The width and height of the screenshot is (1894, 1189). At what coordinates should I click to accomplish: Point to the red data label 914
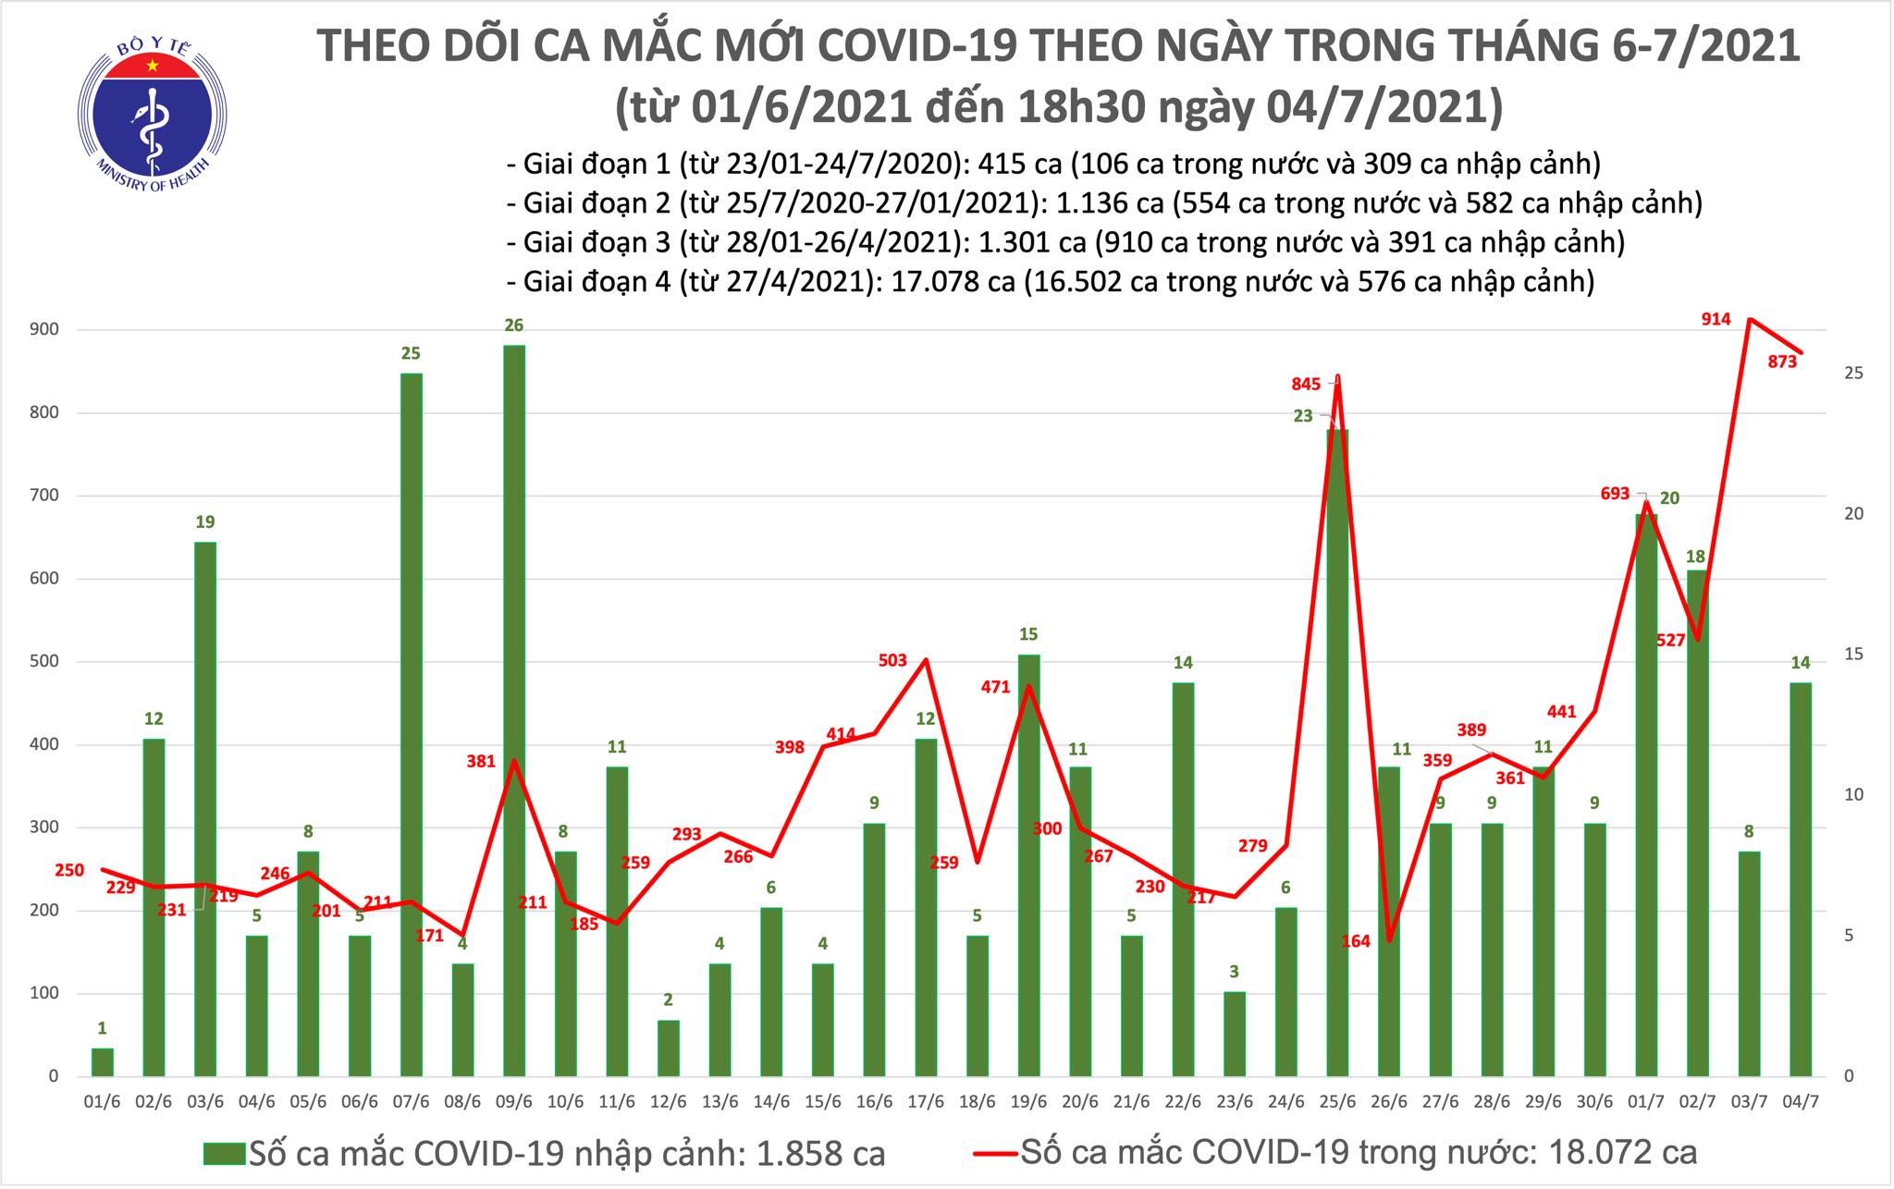[1716, 319]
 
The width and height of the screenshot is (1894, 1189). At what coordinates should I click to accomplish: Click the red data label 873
[1782, 362]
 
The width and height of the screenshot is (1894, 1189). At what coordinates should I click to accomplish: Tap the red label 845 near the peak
[1306, 384]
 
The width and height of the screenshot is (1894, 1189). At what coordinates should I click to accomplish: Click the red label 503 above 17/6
[892, 660]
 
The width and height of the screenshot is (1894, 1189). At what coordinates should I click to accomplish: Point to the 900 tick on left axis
[48, 329]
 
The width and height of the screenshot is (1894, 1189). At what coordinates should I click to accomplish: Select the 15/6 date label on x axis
[822, 1103]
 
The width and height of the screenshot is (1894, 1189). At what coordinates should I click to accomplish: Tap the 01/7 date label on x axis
[1645, 1103]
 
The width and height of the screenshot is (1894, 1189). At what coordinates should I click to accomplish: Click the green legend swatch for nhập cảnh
[224, 1153]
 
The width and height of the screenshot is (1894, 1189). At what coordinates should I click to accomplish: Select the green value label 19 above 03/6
[205, 522]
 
